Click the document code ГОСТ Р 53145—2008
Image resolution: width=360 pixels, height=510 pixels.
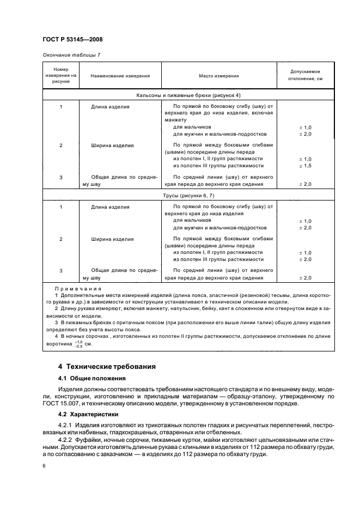click(x=72, y=40)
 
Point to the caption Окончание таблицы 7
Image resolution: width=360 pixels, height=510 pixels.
click(x=71, y=55)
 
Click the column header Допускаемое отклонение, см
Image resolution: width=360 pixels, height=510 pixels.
click(x=305, y=75)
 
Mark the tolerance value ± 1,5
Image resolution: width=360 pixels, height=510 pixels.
click(x=305, y=165)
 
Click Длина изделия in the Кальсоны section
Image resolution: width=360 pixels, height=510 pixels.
click(x=111, y=107)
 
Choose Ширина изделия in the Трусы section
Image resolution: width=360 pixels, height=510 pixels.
click(x=113, y=239)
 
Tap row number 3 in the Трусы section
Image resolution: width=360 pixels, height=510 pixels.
click(x=61, y=270)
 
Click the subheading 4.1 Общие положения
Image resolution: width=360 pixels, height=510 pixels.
click(x=91, y=378)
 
